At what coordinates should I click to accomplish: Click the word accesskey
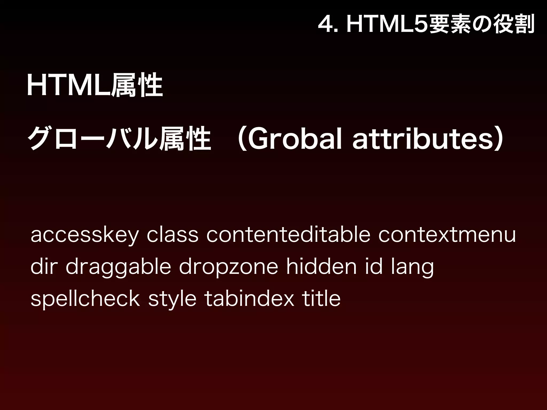84,235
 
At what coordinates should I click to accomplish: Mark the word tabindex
249,298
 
